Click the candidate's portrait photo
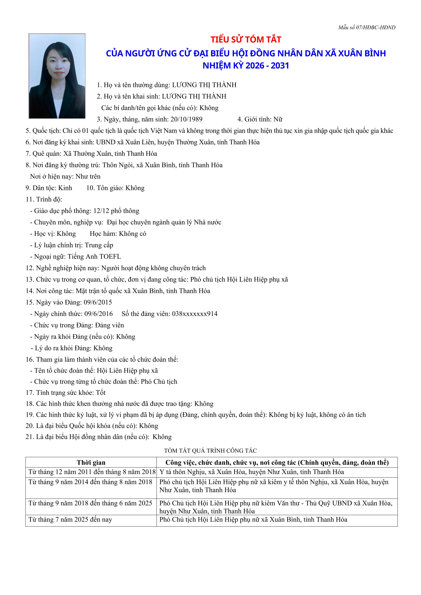point(57,76)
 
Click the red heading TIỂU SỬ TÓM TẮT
point(246,40)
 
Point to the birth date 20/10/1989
point(186,119)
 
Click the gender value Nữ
point(278,119)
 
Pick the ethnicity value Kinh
point(65,188)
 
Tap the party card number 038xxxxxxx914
point(195,314)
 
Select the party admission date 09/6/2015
point(98,302)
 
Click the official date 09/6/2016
point(99,314)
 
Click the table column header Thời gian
point(91,463)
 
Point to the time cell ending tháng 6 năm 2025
point(90,503)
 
